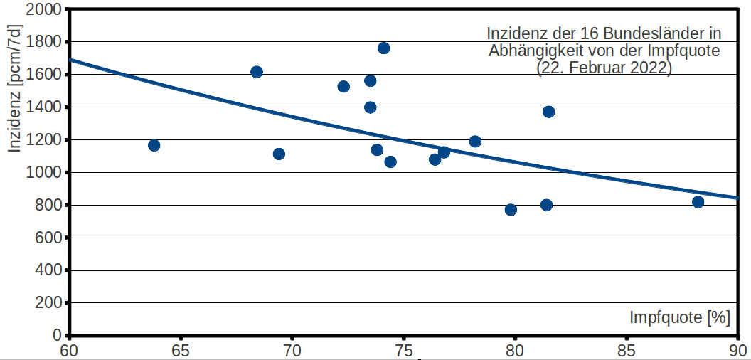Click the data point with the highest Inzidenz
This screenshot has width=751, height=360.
[383, 48]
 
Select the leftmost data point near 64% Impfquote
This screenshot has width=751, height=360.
[154, 145]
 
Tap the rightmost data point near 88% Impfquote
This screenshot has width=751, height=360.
[698, 202]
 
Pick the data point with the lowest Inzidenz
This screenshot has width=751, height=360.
[511, 209]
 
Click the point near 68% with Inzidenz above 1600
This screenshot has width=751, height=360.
[256, 72]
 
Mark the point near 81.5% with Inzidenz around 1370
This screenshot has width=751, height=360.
[548, 112]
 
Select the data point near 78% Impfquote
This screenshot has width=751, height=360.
[475, 142]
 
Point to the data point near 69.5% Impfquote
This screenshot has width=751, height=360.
[279, 154]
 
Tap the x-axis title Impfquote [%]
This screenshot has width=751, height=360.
[680, 317]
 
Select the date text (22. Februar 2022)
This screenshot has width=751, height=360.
[604, 68]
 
